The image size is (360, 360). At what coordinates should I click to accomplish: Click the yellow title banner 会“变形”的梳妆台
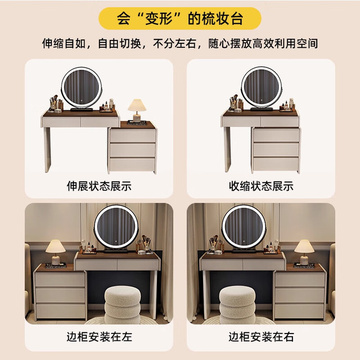[x=180, y=19]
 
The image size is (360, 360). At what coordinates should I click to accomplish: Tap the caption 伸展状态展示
[x=99, y=186]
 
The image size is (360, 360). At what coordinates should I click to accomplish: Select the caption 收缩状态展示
[x=261, y=186]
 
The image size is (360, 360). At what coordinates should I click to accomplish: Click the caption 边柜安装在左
[x=99, y=337]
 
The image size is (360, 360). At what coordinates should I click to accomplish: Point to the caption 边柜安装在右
[x=261, y=337]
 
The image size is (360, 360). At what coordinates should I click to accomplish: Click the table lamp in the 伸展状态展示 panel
[x=137, y=110]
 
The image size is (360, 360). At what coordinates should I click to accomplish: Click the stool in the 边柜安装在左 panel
[x=123, y=305]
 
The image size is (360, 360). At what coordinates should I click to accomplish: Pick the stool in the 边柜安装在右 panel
[x=237, y=305]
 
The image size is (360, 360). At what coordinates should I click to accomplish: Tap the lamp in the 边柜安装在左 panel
[x=56, y=253]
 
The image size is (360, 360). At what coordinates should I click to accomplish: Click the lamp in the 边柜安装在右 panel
[x=304, y=253]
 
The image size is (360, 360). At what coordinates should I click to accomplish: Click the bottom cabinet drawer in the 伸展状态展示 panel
[x=132, y=164]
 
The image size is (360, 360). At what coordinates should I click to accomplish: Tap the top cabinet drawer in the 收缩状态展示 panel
[x=276, y=135]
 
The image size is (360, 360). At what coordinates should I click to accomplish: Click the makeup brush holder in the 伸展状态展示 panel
[x=53, y=102]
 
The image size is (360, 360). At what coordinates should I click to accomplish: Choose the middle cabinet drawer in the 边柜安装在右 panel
[x=299, y=295]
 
